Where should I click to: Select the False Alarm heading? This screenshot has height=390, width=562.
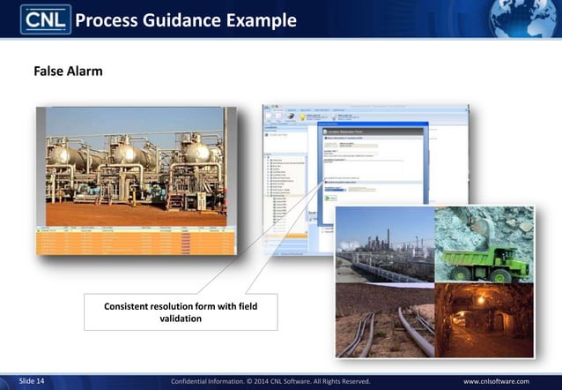tap(68, 71)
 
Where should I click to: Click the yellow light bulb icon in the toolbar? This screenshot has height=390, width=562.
tap(303, 116)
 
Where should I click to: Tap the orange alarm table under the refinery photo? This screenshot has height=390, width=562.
tap(136, 243)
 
